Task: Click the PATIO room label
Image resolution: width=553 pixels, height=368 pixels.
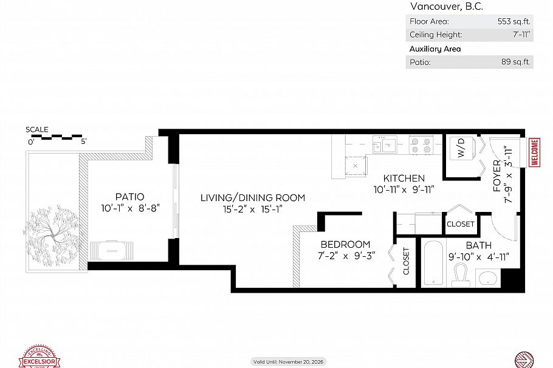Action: (130, 197)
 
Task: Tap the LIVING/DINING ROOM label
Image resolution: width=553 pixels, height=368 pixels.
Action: (253, 198)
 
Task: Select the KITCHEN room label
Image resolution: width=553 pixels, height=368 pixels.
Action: (404, 179)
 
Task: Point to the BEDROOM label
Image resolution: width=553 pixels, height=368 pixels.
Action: (345, 245)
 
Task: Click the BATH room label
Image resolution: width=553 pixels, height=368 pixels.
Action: (478, 245)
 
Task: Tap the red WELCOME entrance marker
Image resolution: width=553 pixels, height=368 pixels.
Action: (535, 152)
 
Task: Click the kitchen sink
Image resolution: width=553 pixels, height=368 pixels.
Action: (385, 145)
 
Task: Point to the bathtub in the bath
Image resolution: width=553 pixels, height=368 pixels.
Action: (434, 264)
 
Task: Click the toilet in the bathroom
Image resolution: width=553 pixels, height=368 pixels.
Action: (461, 276)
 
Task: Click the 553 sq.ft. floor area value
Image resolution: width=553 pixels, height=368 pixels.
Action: (513, 21)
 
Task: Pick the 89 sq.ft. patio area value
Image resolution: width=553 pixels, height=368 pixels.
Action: (516, 62)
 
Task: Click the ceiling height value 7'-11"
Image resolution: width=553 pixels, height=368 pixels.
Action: (521, 35)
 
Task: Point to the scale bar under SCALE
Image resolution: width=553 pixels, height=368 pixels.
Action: (57, 137)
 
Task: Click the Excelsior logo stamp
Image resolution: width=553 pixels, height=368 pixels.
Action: (39, 357)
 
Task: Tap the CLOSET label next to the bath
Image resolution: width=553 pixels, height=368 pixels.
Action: (460, 224)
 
